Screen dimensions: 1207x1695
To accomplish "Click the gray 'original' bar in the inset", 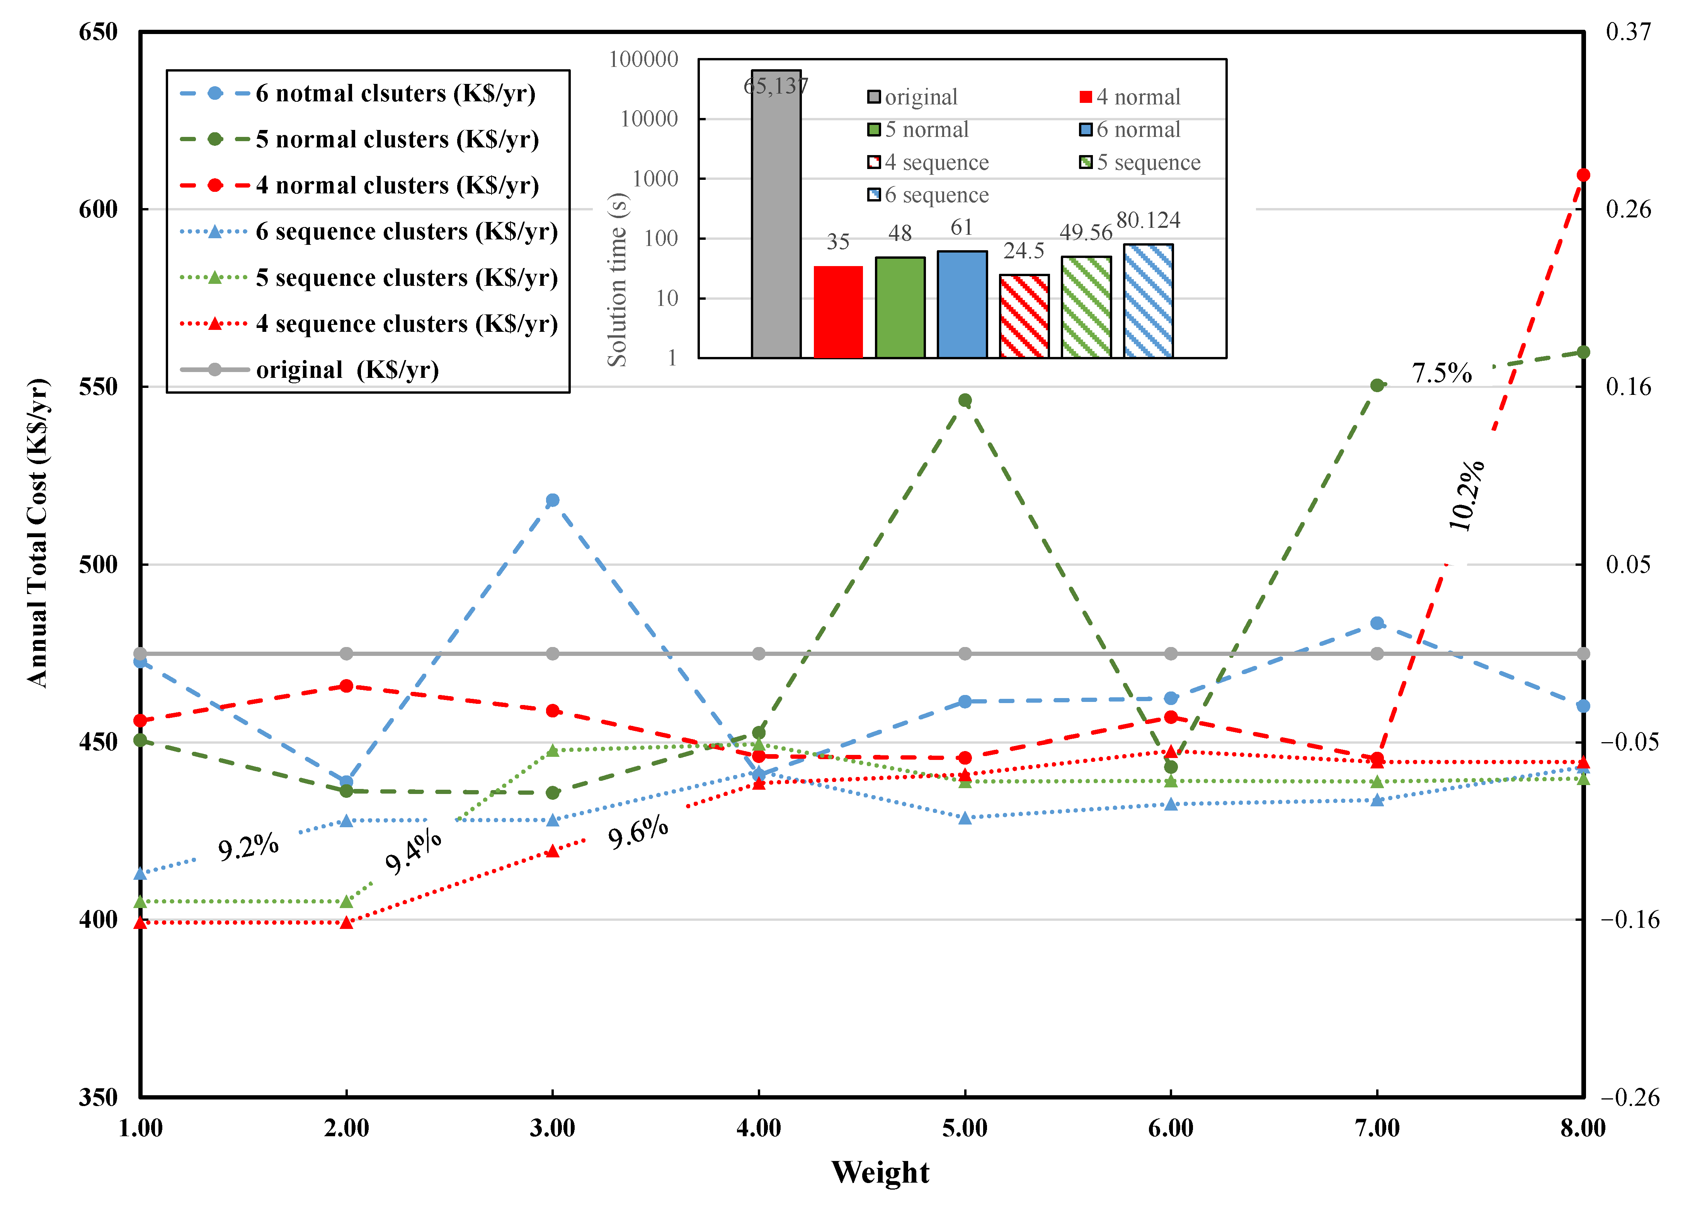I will click(x=776, y=215).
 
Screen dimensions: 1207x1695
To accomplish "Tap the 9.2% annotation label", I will click(x=248, y=847).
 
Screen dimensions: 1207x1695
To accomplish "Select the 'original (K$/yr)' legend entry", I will click(x=347, y=369).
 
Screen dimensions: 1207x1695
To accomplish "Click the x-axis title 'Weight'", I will click(x=880, y=1172).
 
